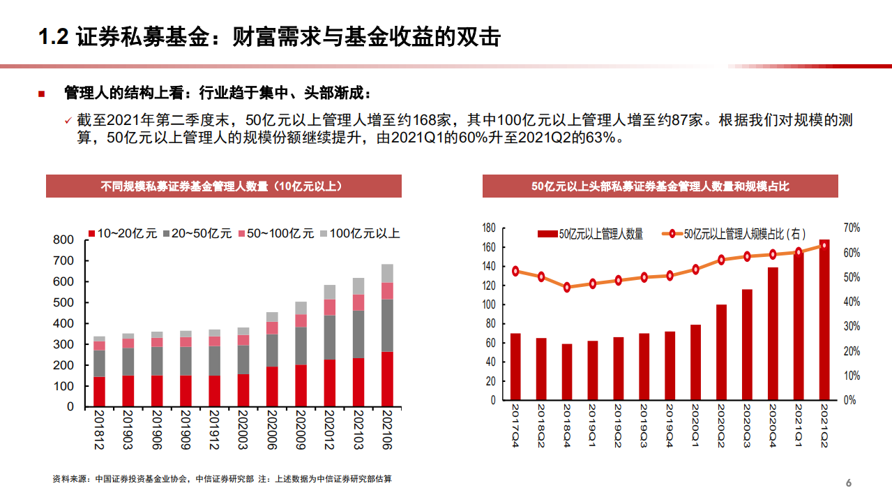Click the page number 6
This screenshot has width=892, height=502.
[849, 483]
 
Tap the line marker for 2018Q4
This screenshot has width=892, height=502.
[567, 287]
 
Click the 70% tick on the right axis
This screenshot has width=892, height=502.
[852, 228]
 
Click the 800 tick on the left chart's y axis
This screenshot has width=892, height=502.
[63, 240]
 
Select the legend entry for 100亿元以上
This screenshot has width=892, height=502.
[359, 233]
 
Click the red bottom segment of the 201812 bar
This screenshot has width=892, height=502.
[99, 392]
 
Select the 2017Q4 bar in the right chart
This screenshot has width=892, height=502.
[515, 367]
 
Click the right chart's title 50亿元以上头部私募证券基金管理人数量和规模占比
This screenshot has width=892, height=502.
[660, 186]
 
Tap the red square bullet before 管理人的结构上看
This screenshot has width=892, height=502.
[41, 94]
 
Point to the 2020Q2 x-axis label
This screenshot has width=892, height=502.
[721, 427]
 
